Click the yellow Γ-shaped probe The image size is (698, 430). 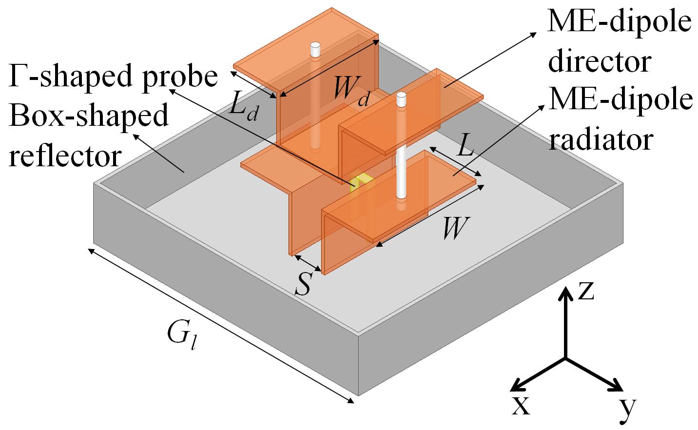(362, 182)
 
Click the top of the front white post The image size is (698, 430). (401, 99)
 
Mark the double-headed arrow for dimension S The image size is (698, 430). (308, 262)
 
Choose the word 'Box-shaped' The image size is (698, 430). (88, 116)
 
